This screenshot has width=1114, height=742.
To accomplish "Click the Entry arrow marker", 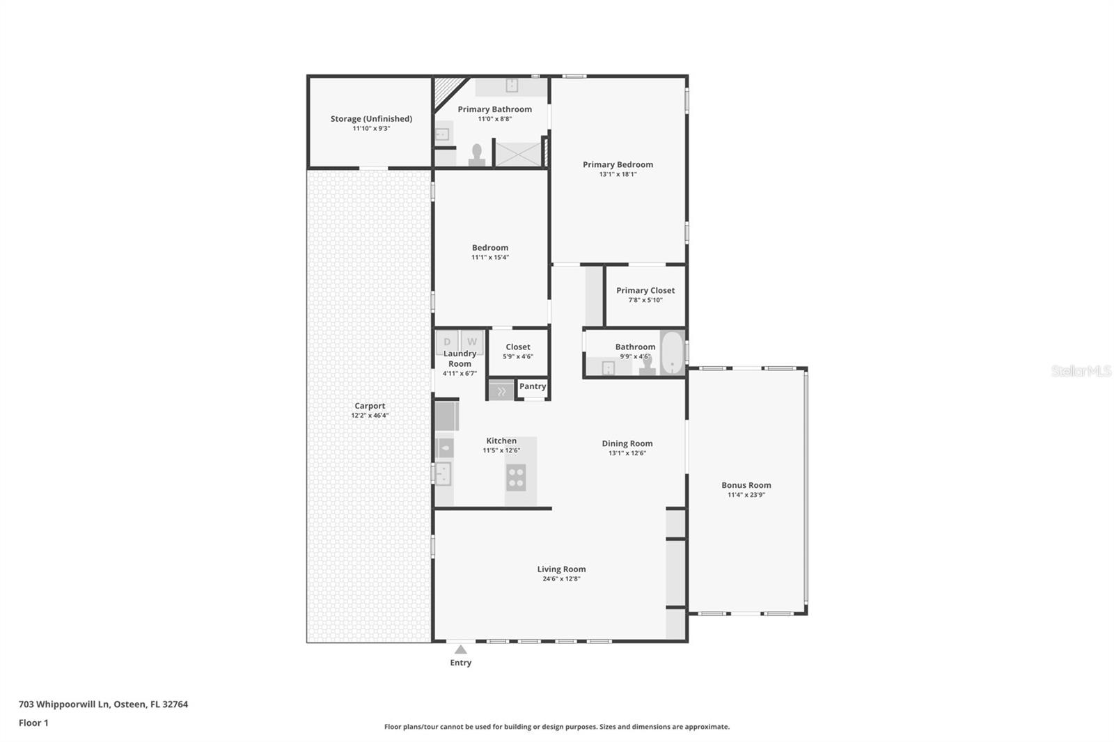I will click(x=460, y=649).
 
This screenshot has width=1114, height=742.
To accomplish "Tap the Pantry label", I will click(x=533, y=386).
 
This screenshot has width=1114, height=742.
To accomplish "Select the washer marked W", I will click(x=472, y=341).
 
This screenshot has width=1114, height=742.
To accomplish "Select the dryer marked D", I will click(x=447, y=341).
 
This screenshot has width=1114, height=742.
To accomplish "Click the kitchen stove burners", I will click(x=516, y=477).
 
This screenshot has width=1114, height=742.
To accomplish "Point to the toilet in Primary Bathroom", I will click(x=477, y=155).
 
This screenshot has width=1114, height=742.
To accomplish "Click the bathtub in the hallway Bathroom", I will click(x=672, y=353).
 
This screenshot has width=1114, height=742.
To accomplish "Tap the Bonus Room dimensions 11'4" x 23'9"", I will click(x=746, y=495).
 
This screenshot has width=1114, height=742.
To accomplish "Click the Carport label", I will click(x=370, y=406).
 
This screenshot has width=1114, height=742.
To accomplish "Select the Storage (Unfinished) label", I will click(x=371, y=119).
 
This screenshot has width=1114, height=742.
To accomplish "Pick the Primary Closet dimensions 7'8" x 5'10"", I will click(x=645, y=300).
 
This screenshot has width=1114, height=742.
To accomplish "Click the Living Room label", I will click(x=561, y=569).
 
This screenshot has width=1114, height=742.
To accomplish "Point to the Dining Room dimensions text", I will click(x=627, y=453).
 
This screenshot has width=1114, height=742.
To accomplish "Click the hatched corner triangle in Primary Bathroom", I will click(x=446, y=90).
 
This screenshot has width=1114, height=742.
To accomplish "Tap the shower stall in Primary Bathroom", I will click(x=517, y=154).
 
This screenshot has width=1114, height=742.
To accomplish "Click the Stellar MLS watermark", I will click(x=1081, y=371).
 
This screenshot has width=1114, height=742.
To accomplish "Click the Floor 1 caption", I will click(x=33, y=723).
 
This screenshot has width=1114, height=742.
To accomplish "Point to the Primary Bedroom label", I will click(x=618, y=164).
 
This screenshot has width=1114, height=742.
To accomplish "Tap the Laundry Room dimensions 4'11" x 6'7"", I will click(x=460, y=374).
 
